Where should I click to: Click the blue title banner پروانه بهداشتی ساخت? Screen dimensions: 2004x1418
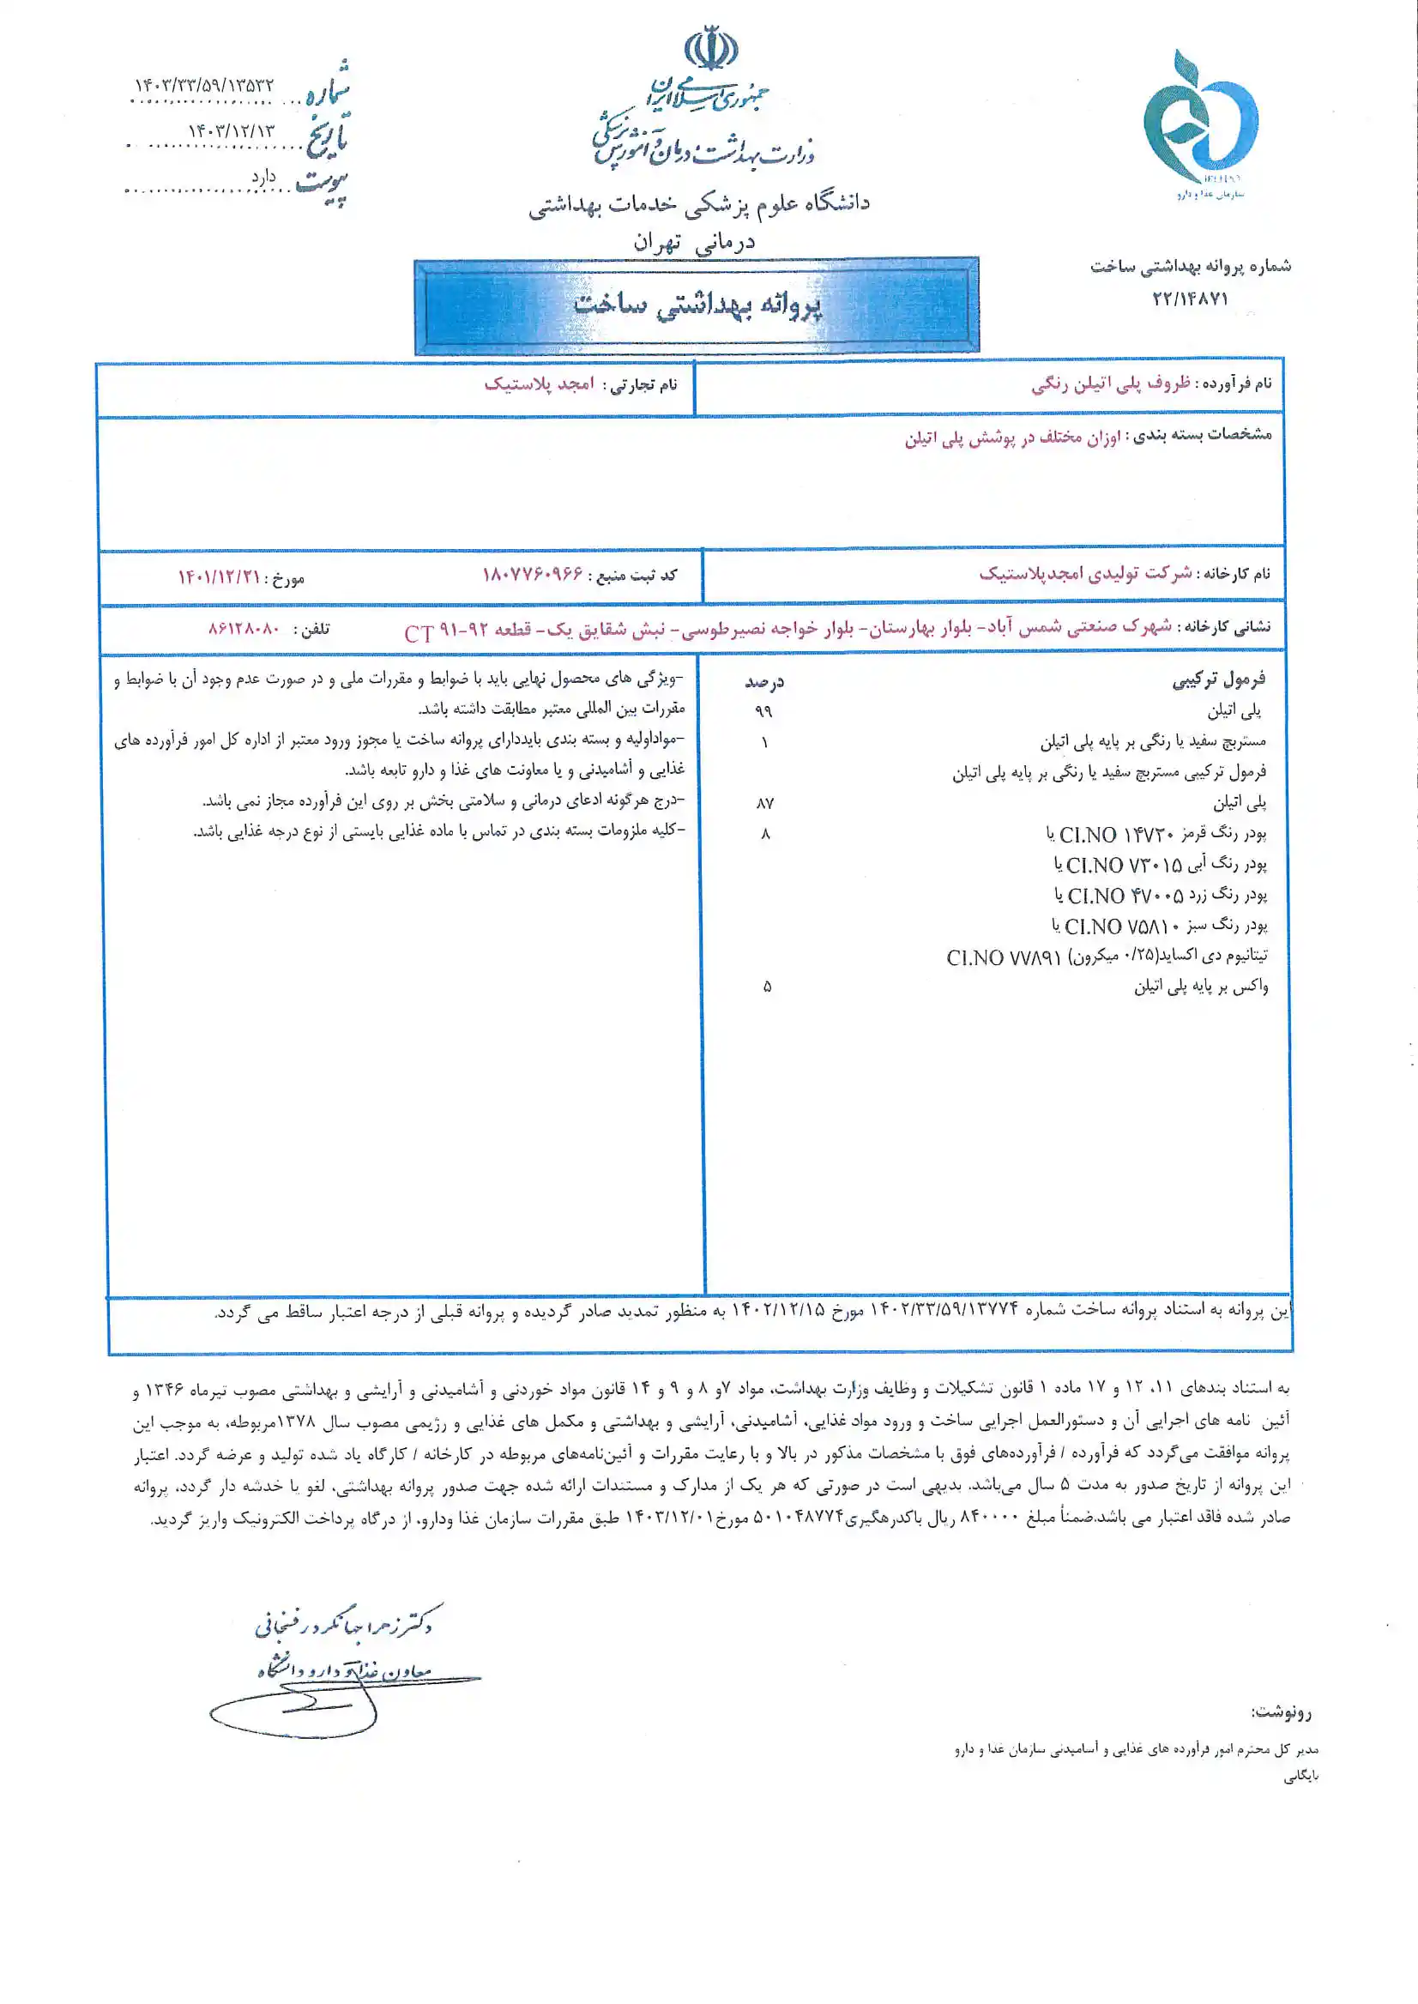[x=697, y=305]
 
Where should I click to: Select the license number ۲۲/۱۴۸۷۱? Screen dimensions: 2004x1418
[x=1190, y=299]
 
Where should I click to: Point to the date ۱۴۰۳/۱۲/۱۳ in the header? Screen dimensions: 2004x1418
[x=231, y=131]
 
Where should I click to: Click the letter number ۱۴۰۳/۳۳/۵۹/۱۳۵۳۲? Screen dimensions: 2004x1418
[x=204, y=86]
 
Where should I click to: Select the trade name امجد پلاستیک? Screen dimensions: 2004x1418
[x=540, y=384]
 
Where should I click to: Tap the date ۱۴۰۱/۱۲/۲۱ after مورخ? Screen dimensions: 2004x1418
[x=219, y=577]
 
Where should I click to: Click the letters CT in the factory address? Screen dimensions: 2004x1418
[x=419, y=634]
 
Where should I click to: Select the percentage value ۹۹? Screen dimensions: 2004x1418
[x=764, y=711]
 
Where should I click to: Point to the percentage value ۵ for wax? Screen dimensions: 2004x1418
[x=767, y=987]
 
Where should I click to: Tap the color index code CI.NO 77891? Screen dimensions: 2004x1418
[x=1004, y=958]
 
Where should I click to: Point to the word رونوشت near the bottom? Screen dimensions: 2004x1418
[x=1281, y=1712]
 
